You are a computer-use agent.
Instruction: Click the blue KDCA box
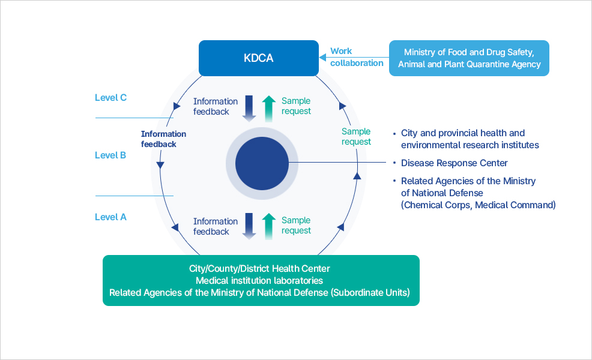click(259, 58)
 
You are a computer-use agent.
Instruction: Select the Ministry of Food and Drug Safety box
click(469, 58)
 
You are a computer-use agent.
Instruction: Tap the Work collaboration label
click(357, 57)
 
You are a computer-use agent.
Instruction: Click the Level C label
click(110, 97)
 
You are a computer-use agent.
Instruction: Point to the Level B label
click(110, 155)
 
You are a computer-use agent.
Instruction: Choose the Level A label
click(110, 217)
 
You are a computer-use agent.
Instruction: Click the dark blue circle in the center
click(261, 163)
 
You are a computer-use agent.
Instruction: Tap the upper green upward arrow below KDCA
click(269, 108)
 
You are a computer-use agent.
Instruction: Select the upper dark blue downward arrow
click(249, 107)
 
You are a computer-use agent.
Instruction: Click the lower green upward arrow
click(269, 226)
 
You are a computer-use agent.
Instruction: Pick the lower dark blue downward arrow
click(249, 226)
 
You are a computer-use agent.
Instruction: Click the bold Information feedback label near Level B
click(163, 139)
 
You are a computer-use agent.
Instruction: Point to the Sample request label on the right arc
click(356, 137)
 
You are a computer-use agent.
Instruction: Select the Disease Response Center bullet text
click(454, 163)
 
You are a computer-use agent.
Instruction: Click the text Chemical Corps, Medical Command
click(478, 205)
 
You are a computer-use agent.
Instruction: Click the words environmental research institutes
click(470, 145)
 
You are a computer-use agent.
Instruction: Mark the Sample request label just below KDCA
click(296, 106)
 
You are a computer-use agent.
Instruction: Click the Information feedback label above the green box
click(211, 226)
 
